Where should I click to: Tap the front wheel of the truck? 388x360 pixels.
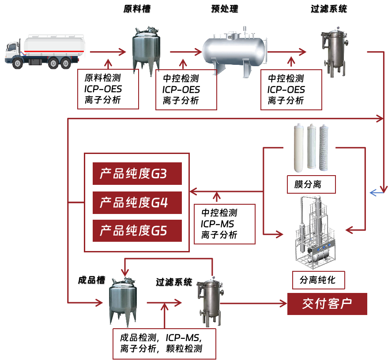[x=18, y=63]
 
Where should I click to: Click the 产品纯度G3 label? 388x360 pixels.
[x=137, y=174]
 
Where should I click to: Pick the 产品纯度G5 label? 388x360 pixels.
[x=137, y=231]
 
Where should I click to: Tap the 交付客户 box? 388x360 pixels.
[x=327, y=304]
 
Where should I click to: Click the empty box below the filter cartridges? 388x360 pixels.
[x=311, y=184]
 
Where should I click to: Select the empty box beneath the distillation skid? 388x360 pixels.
[x=318, y=280]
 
